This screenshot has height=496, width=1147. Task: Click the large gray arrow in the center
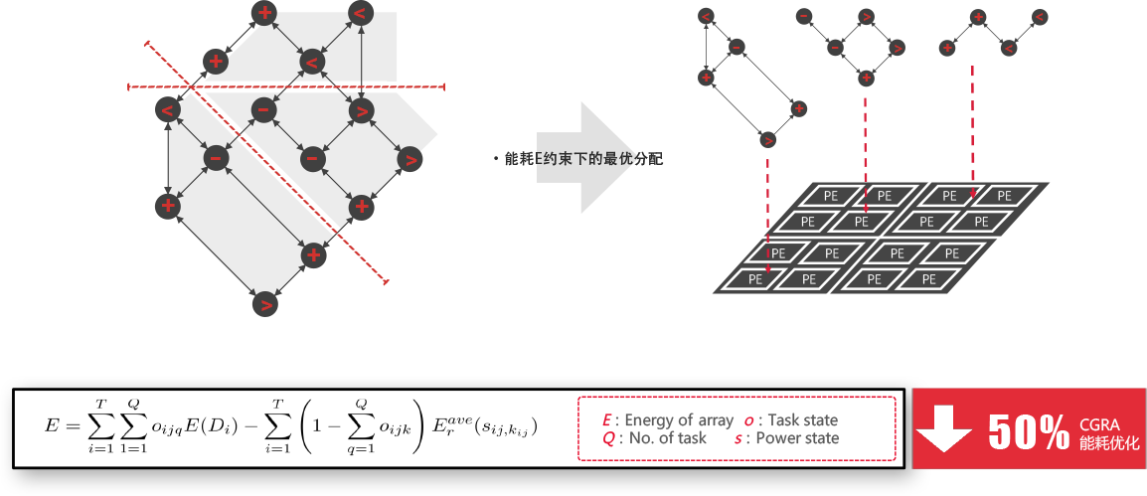[581, 157]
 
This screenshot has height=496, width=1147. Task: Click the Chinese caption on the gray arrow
[579, 158]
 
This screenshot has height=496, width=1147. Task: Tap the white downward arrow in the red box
[943, 429]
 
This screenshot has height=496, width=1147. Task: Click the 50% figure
[1028, 430]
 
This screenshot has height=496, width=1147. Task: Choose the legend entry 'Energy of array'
[668, 420]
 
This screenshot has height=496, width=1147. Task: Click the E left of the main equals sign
[52, 425]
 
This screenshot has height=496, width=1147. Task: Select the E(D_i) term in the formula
[219, 425]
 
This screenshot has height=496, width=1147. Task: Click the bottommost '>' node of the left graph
[264, 304]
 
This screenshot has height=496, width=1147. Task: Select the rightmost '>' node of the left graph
[410, 159]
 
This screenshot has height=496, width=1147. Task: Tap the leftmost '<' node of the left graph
[166, 109]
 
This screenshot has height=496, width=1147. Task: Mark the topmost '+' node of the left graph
[264, 13]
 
